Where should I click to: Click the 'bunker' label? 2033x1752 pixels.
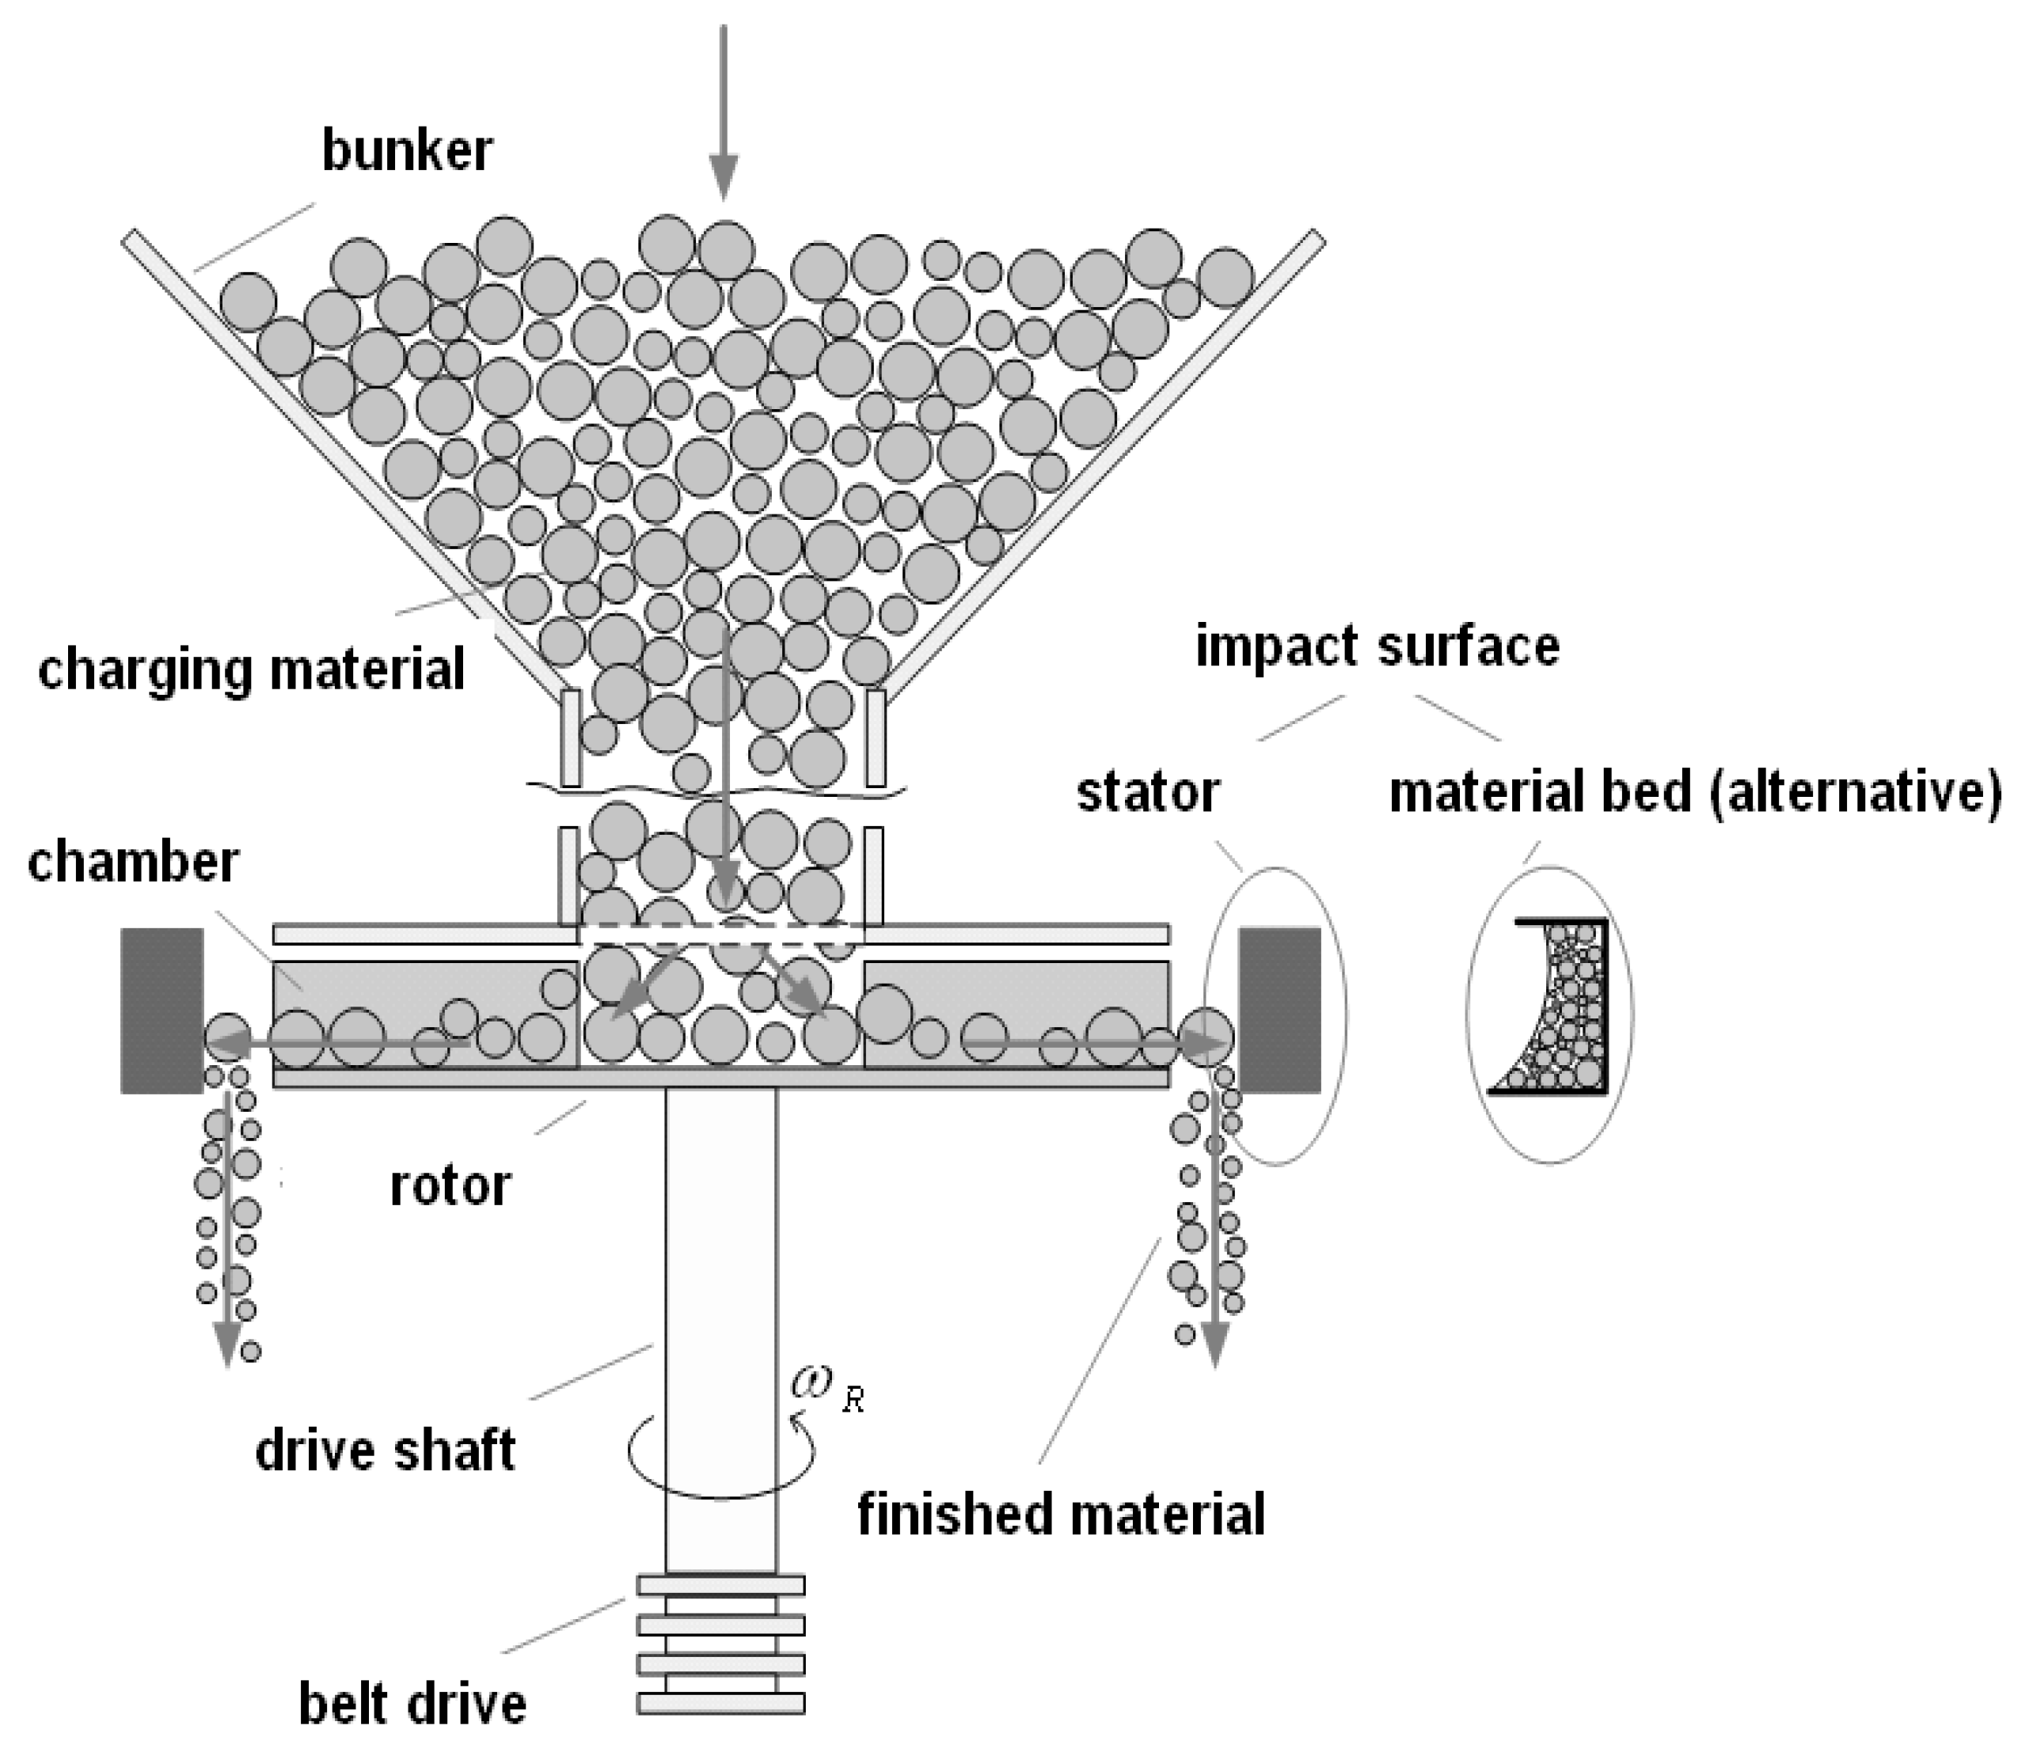point(406,152)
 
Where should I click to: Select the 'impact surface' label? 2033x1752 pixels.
point(1377,647)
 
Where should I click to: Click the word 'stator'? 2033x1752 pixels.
point(1147,793)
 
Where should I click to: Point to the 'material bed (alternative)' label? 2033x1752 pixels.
point(1694,793)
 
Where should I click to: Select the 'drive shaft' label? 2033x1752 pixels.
point(385,1451)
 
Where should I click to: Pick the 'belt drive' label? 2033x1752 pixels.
point(412,1704)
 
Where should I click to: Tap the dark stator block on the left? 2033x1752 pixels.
point(161,1011)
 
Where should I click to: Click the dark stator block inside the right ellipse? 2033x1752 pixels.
point(1279,1011)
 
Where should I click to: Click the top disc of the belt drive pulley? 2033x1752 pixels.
point(720,1585)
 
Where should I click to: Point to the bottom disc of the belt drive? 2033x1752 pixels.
point(720,1703)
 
